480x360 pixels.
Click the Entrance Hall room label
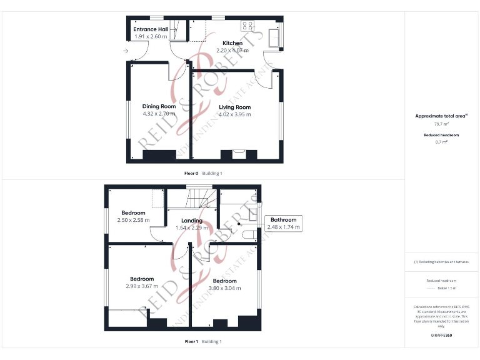[150, 29]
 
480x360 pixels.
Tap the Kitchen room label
[224, 43]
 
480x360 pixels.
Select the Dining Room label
[159, 106]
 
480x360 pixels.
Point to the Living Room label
[234, 107]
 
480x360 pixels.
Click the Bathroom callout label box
[284, 223]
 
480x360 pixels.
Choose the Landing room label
[192, 221]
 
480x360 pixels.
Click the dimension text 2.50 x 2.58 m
[133, 220]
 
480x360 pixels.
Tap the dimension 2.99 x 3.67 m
[142, 286]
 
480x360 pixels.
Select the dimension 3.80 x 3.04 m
[225, 288]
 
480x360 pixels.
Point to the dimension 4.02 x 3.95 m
[234, 114]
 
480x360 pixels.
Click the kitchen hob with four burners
[247, 26]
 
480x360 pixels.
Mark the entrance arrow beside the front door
[126, 51]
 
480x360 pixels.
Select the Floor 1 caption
[191, 341]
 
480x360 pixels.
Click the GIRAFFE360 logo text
[441, 336]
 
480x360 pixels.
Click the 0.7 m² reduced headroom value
[441, 142]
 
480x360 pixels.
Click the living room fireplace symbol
[239, 152]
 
